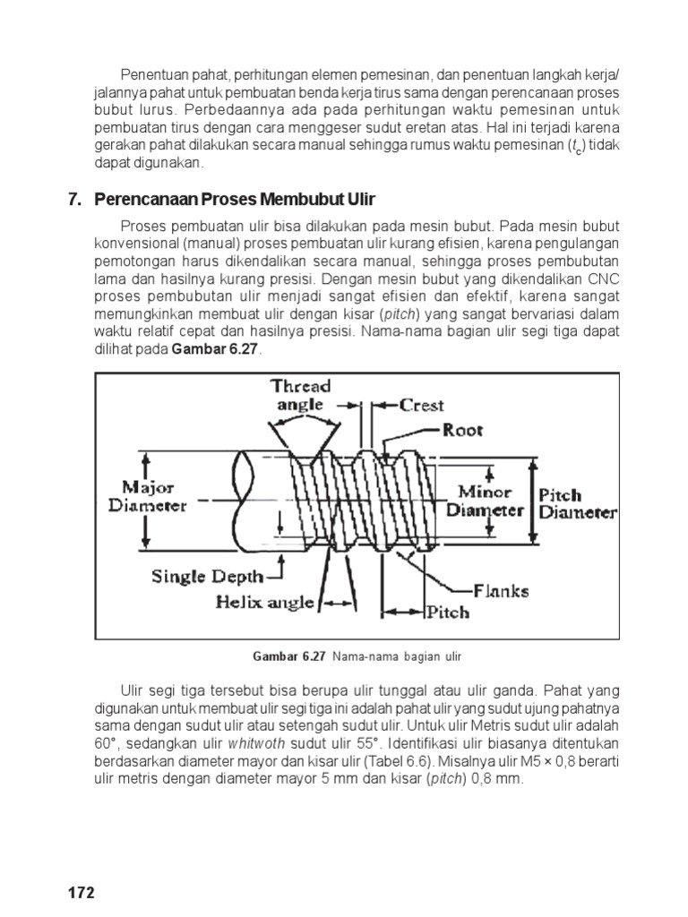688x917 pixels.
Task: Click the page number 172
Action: pos(81,894)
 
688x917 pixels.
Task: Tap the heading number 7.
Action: pos(74,199)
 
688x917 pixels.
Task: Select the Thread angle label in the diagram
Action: pos(300,396)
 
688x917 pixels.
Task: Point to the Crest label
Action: pos(421,405)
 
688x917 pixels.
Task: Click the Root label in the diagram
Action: pos(462,430)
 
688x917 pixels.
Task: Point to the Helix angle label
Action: pos(264,602)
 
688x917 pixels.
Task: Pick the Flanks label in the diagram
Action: pos(501,590)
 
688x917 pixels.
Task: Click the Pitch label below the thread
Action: pos(446,613)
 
